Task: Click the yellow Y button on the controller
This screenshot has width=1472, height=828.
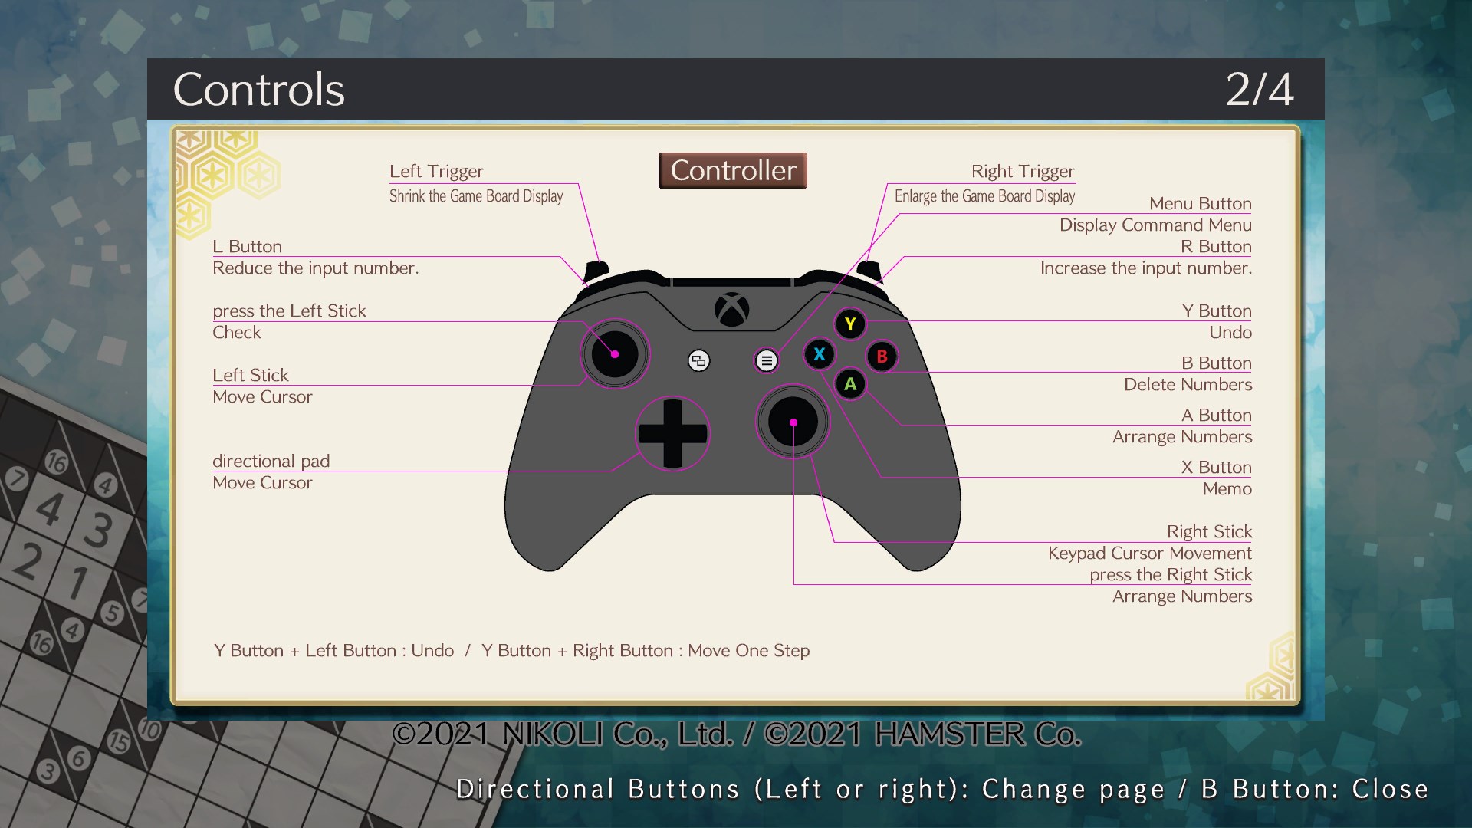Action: click(x=850, y=324)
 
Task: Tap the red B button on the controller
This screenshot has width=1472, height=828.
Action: click(x=882, y=356)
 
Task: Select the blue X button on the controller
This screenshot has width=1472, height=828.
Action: click(x=819, y=354)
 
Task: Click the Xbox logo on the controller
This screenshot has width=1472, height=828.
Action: click(x=731, y=310)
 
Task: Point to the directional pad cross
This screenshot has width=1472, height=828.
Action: click(x=672, y=433)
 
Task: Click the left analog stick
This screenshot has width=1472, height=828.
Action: click(x=615, y=354)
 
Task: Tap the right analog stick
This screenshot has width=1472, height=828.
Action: click(x=793, y=422)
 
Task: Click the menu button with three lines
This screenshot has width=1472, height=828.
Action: click(x=766, y=360)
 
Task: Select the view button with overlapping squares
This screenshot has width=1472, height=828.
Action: click(x=698, y=360)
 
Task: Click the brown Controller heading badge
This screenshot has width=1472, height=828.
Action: click(x=733, y=170)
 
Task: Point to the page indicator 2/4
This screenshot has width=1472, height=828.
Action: click(x=1259, y=90)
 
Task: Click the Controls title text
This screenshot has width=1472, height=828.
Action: click(x=259, y=90)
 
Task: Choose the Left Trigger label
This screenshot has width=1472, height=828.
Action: click(x=436, y=171)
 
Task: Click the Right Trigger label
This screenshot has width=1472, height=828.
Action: click(x=1022, y=171)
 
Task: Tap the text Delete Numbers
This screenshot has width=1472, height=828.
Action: click(x=1188, y=384)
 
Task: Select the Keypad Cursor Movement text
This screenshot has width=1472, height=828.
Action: click(x=1149, y=553)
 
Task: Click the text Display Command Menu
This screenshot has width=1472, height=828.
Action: click(x=1155, y=225)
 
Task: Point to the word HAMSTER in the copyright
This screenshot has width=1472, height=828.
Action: click(x=949, y=734)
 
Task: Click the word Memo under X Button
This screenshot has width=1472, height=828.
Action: click(x=1227, y=488)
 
